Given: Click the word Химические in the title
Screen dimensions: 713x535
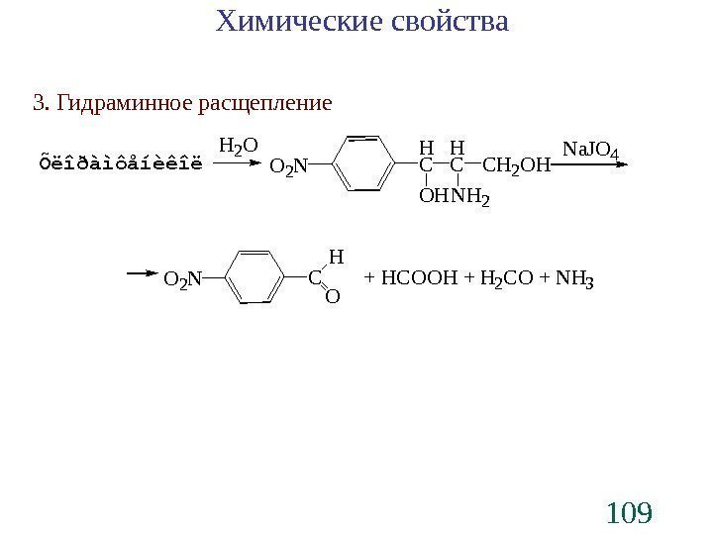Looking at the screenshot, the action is [292, 22].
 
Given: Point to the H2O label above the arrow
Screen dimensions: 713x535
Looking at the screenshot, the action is [238, 147].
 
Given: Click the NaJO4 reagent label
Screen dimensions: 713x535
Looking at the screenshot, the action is [591, 150].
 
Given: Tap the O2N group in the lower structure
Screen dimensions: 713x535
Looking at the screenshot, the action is [182, 281].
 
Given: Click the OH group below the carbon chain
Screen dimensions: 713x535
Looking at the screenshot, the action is [434, 199].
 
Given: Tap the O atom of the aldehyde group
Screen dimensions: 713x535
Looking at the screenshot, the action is [333, 297].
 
